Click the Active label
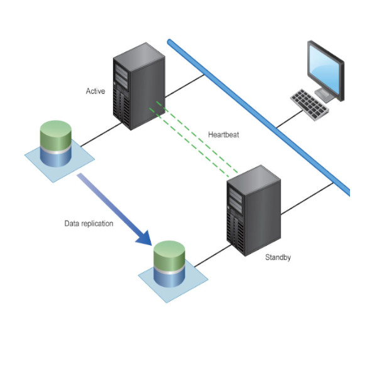tap(96, 92)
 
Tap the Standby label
tap(278, 257)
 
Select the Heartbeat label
tap(223, 134)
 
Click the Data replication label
tap(89, 223)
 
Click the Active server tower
tap(139, 85)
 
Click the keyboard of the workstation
tap(309, 104)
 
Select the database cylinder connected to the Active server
tap(56, 144)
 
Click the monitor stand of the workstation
tap(325, 94)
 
